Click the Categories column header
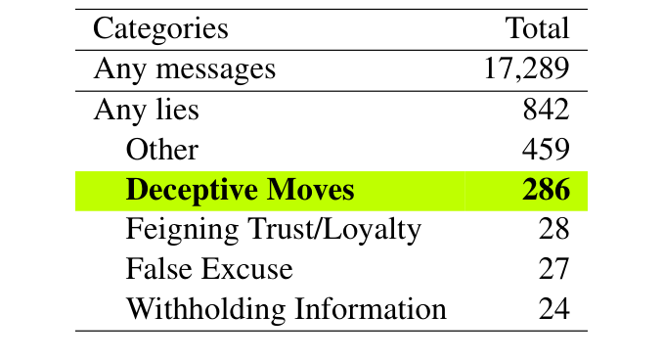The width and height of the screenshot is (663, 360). (160, 28)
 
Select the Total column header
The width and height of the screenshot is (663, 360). (537, 28)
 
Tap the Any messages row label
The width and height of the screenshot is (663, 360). (185, 69)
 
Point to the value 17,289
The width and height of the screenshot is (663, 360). (526, 69)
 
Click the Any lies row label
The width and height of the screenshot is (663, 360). (146, 110)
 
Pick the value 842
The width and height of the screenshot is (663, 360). (546, 110)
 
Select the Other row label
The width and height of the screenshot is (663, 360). (162, 150)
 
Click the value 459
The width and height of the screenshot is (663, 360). (546, 150)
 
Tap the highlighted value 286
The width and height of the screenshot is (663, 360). (546, 190)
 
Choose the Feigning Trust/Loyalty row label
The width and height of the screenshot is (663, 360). (274, 230)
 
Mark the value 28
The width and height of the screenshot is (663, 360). (553, 230)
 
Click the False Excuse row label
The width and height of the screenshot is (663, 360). (209, 269)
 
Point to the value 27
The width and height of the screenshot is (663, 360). (553, 269)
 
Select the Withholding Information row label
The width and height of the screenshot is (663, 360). (287, 309)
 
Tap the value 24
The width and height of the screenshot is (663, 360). (553, 309)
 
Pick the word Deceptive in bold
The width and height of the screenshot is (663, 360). (195, 190)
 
